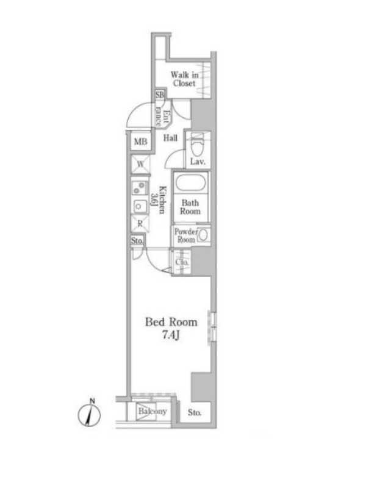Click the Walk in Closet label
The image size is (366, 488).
coord(184,79)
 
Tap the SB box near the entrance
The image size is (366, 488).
coord(160,95)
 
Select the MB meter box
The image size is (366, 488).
coord(140,142)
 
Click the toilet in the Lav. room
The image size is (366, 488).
coord(196,145)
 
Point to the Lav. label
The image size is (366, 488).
coord(198,162)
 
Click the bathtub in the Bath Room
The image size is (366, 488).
coord(190,183)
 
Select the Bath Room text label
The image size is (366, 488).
coord(190,207)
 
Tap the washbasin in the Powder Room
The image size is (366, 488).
coord(203,235)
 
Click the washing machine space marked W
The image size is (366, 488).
coord(140,164)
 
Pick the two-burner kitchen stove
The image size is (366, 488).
coord(140,188)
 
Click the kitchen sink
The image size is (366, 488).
coord(140,206)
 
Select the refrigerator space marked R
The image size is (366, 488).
coord(140,223)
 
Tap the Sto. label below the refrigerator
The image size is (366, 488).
coord(137,240)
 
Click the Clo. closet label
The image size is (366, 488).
coord(182,262)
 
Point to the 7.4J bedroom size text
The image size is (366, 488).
coord(171,335)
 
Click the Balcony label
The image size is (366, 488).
coord(152,411)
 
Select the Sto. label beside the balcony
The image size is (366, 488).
coord(195,413)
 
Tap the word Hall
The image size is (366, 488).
coord(171,138)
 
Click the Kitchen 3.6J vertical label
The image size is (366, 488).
coord(159,199)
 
